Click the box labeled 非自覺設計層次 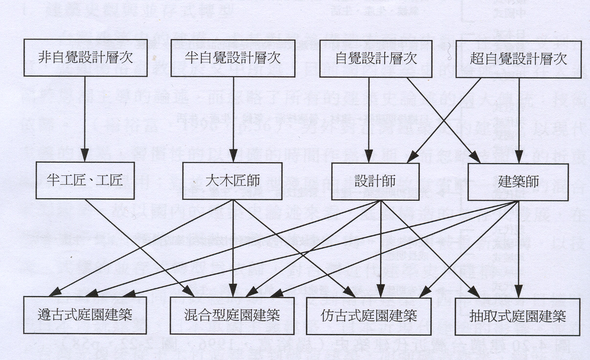click(x=86, y=58)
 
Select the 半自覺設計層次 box click(x=233, y=58)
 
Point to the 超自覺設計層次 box click(x=518, y=59)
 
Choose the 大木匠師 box click(x=231, y=180)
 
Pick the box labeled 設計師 click(x=375, y=180)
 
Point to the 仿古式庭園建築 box click(x=375, y=315)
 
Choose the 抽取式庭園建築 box click(x=518, y=315)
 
